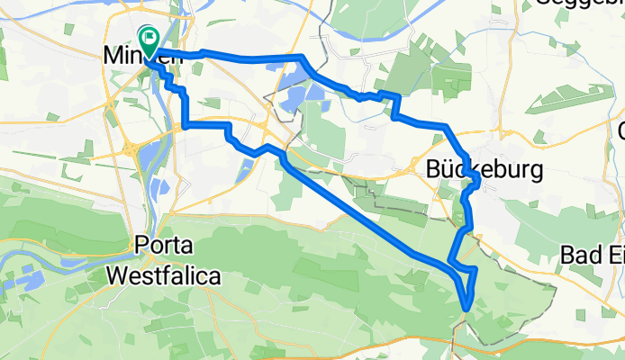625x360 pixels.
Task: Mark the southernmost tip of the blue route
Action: [x=466, y=309]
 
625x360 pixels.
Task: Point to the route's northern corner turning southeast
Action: [x=301, y=58]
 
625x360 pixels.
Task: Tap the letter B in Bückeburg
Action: [x=433, y=169]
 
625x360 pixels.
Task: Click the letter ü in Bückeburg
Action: [x=448, y=169]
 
